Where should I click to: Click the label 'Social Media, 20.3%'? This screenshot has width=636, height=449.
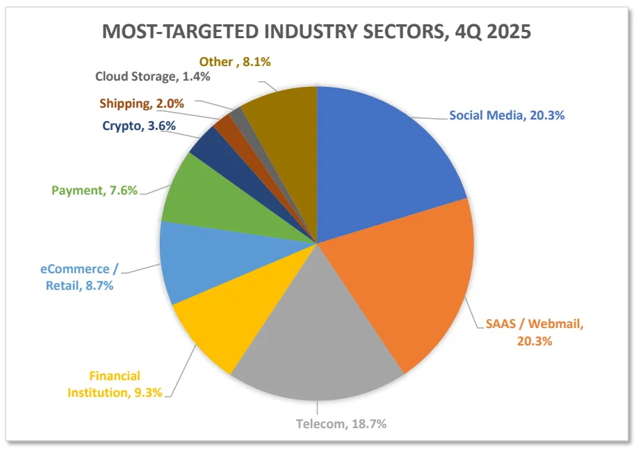(x=507, y=115)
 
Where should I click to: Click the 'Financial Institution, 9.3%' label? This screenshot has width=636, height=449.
(x=115, y=384)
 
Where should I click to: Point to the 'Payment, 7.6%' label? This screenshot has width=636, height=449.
(x=95, y=190)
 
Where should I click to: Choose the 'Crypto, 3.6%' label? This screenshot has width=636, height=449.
(x=138, y=126)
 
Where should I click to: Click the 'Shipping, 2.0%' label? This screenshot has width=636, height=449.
(x=141, y=104)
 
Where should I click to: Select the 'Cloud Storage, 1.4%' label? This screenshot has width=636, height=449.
(x=152, y=76)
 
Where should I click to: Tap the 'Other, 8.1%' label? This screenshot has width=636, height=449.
(x=234, y=62)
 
